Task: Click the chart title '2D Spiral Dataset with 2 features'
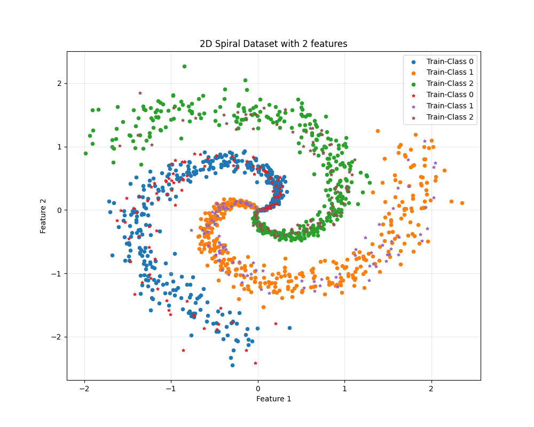273,44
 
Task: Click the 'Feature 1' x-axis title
273,399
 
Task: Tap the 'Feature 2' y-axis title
44,216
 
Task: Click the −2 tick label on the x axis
84,388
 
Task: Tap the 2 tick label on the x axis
431,388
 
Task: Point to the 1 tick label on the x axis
344,388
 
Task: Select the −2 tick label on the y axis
58,337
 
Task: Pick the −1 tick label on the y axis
58,273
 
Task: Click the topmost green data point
184,67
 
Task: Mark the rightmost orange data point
462,203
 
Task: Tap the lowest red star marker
255,363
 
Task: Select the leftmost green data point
85,153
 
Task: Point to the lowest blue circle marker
232,365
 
